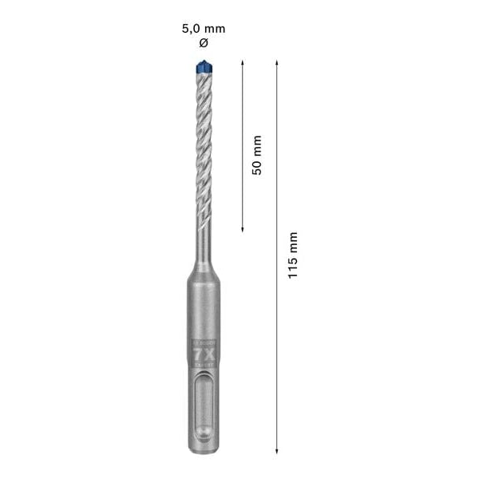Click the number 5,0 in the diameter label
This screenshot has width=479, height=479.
tap(192, 29)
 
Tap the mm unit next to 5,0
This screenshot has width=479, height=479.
tap(216, 29)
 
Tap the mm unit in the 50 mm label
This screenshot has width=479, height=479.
tap(256, 148)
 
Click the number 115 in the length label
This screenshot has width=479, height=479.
tap(293, 266)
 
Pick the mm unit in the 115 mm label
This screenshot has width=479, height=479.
tap(293, 242)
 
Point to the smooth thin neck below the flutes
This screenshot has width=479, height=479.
tap(202, 243)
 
